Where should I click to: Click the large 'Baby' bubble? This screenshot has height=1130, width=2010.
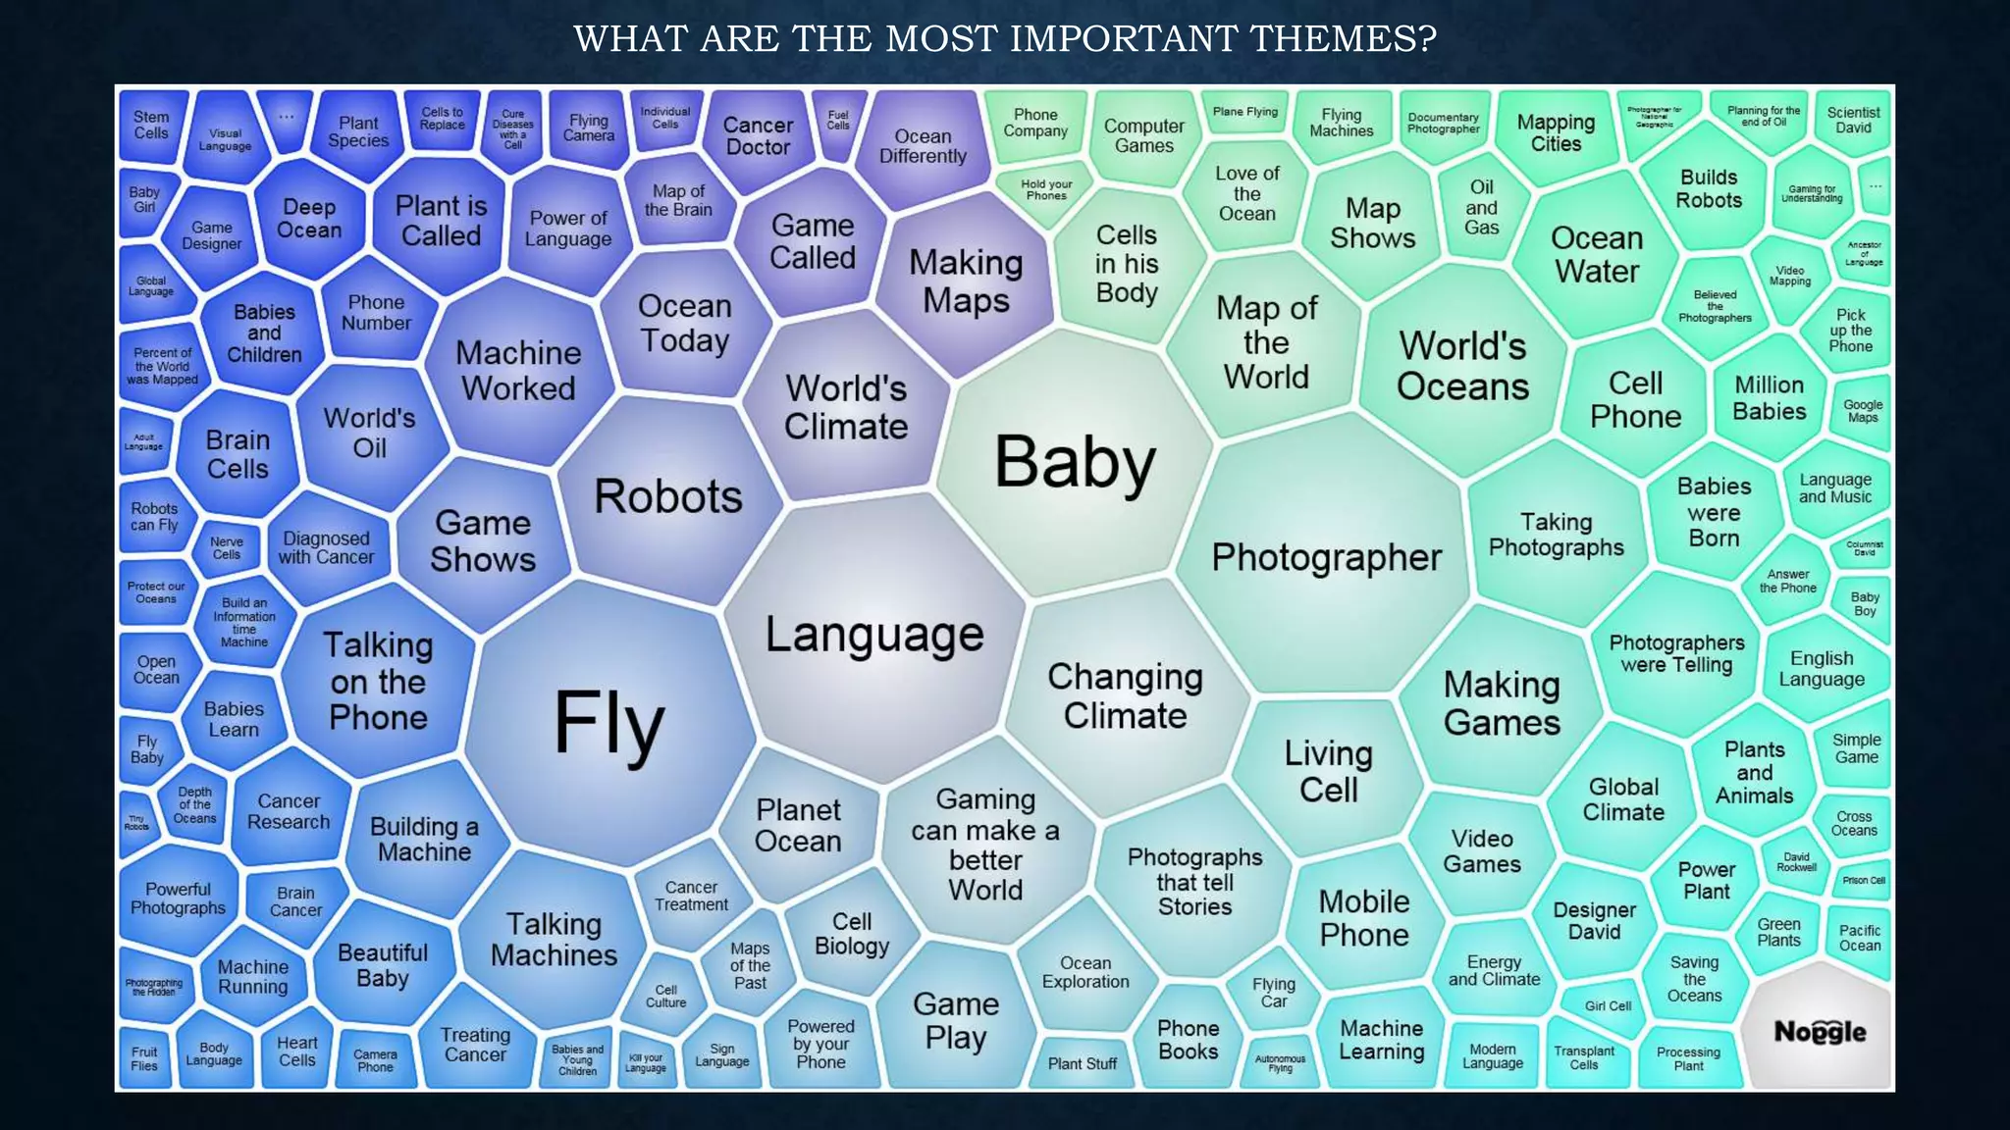coord(1075,462)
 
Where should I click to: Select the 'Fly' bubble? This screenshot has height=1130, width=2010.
coord(609,722)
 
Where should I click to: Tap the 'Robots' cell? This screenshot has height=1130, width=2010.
coord(668,496)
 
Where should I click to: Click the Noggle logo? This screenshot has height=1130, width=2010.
coord(1820,1032)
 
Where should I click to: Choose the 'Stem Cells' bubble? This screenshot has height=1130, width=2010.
coord(151,126)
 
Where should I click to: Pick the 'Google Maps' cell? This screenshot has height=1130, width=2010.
coord(1862,411)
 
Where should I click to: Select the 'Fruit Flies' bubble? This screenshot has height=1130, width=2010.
coord(144,1058)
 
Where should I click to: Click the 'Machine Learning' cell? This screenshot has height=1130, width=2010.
coord(1381,1040)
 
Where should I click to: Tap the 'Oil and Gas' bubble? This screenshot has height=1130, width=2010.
coord(1481,207)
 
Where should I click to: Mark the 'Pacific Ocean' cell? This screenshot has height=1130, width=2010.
coord(1859,938)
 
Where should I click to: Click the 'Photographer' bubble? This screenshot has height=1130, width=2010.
coord(1326,557)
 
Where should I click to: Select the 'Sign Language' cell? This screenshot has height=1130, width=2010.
coord(721,1055)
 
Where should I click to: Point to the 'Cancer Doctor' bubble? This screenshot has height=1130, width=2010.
coord(758,136)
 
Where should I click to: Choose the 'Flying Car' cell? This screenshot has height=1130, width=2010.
coord(1273,993)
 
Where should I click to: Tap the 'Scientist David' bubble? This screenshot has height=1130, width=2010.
coord(1853,121)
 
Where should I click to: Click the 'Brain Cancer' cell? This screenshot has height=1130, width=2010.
coord(295,901)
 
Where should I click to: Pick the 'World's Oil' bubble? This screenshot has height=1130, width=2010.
coord(369,433)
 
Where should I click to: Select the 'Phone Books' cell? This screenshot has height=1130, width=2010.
coord(1188,1040)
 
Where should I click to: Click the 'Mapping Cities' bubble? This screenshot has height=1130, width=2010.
coord(1556,133)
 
